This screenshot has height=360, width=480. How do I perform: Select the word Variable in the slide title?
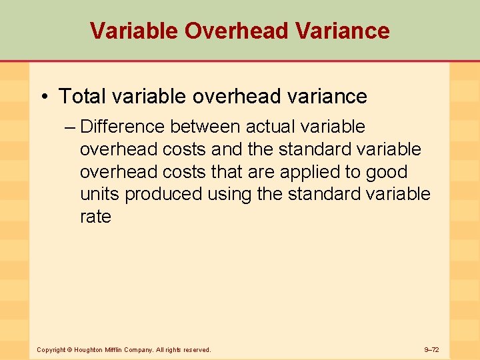click(134, 31)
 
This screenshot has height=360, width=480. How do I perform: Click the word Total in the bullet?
click(83, 97)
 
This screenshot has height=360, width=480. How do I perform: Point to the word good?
click(387, 172)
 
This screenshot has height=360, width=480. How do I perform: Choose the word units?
click(99, 195)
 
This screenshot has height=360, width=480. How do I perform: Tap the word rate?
click(95, 217)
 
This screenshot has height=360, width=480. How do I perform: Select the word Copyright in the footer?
click(51, 349)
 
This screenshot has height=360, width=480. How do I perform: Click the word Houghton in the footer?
click(89, 349)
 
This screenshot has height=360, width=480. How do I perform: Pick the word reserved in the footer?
click(193, 349)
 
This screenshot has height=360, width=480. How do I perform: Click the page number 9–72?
click(431, 349)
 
